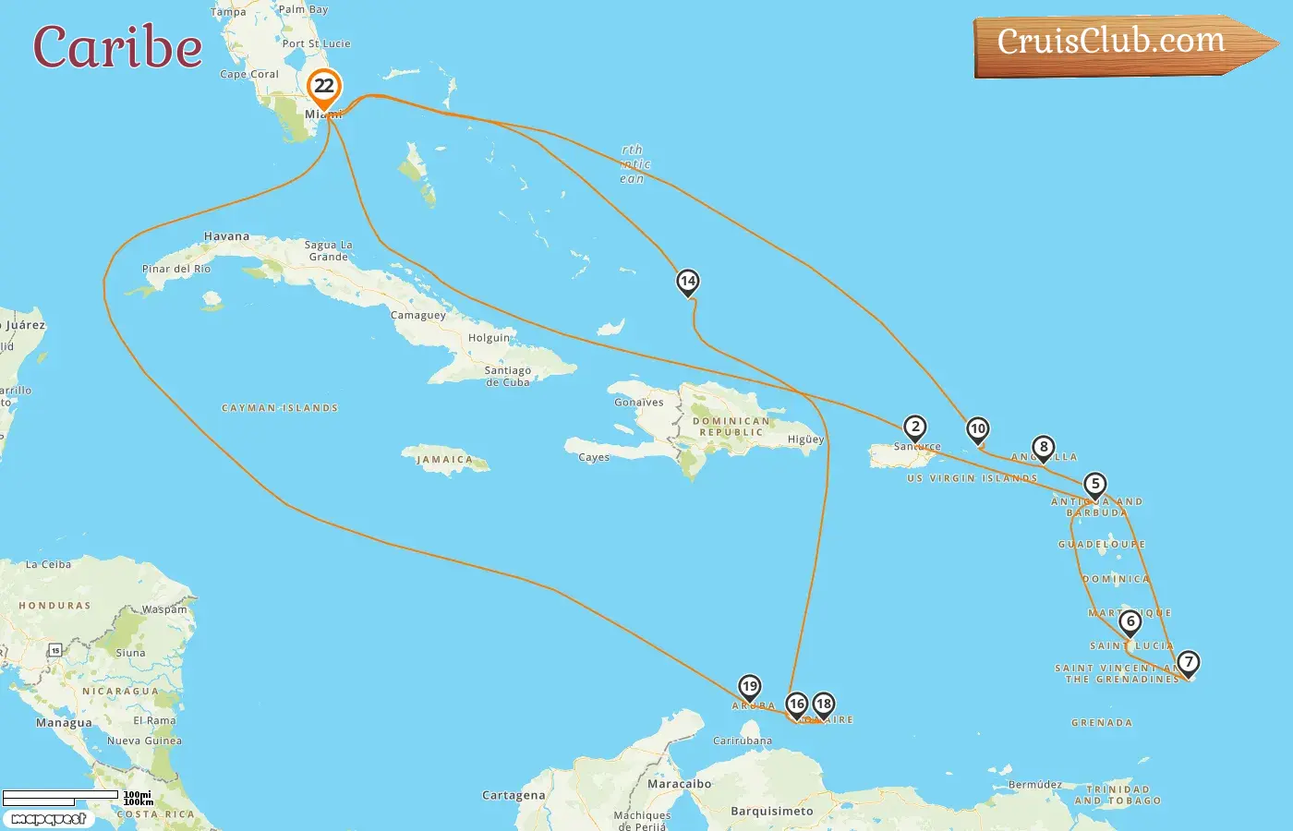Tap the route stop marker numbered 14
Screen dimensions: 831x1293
(x=687, y=281)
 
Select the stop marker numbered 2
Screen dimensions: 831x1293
(x=914, y=427)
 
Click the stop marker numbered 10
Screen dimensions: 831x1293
(x=977, y=428)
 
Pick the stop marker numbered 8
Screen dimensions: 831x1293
(x=1043, y=448)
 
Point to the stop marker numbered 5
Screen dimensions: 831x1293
(x=1094, y=484)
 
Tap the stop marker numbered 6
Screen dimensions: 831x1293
(x=1130, y=621)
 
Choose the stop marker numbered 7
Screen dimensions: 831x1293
(x=1188, y=662)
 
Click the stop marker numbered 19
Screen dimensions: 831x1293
(x=749, y=686)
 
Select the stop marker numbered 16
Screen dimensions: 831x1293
(x=796, y=704)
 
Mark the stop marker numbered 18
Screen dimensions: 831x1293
(x=823, y=704)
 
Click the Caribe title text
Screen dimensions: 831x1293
(x=117, y=47)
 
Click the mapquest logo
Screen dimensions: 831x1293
(x=48, y=818)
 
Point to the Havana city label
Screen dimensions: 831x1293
(x=226, y=236)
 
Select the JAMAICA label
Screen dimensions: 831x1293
(x=444, y=459)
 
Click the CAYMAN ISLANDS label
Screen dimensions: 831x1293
(x=280, y=407)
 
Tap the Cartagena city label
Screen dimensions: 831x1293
(x=514, y=795)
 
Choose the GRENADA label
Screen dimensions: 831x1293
(x=1101, y=722)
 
